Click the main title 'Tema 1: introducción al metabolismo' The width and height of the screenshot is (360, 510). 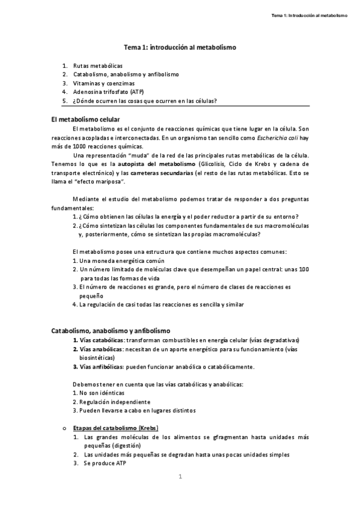(x=180, y=46)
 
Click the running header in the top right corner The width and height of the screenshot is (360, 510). (x=310, y=15)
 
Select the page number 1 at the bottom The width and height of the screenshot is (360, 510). (x=180, y=477)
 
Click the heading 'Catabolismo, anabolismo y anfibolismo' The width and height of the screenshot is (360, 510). (x=111, y=331)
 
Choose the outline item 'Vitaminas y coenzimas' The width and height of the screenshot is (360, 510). (x=104, y=83)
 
